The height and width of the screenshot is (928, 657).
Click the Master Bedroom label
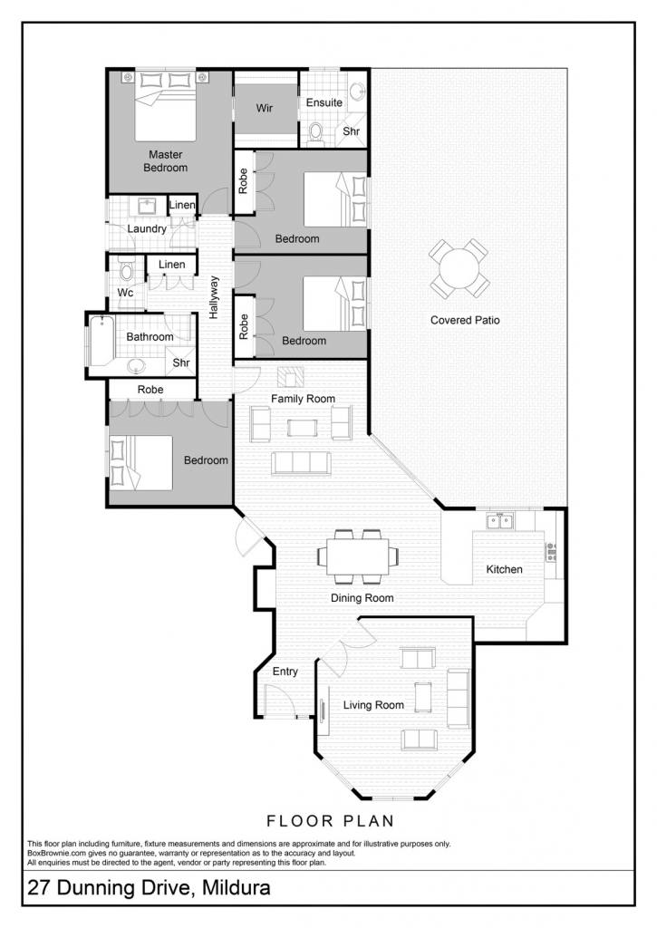click(x=165, y=161)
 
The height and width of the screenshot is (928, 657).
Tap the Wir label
click(x=264, y=108)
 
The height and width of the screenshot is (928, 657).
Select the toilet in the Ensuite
click(x=315, y=131)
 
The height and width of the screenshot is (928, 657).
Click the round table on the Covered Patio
click(x=459, y=268)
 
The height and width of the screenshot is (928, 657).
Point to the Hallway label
click(x=214, y=297)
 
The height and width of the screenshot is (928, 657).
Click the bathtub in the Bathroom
click(x=101, y=341)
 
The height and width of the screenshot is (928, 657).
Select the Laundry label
click(x=147, y=228)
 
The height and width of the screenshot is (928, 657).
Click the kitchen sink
click(x=500, y=521)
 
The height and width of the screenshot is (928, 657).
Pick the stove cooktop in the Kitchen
click(x=551, y=552)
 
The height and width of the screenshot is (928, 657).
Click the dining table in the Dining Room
click(x=358, y=556)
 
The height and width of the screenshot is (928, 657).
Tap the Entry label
click(x=285, y=672)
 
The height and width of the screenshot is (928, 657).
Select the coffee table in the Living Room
click(x=423, y=697)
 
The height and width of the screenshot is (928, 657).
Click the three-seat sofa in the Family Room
click(x=301, y=463)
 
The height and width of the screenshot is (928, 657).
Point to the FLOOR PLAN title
click(x=330, y=821)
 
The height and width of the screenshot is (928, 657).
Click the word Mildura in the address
click(x=237, y=888)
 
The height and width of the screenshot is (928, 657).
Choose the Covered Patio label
click(x=465, y=320)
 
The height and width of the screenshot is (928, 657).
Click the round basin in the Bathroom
click(x=137, y=366)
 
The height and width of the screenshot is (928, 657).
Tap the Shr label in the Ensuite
click(x=351, y=131)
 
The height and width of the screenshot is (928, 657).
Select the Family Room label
click(x=303, y=399)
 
